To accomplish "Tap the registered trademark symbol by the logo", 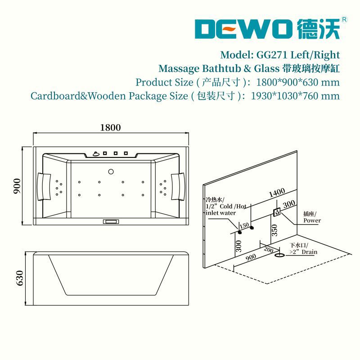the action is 344,19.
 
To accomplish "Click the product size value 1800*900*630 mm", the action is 297,82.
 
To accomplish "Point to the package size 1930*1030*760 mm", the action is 295,96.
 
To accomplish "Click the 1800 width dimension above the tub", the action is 110,127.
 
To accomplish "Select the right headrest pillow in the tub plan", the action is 177,185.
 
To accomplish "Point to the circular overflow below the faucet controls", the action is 110,171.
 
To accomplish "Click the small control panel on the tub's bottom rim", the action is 110,221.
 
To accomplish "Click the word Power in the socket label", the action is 312,220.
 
